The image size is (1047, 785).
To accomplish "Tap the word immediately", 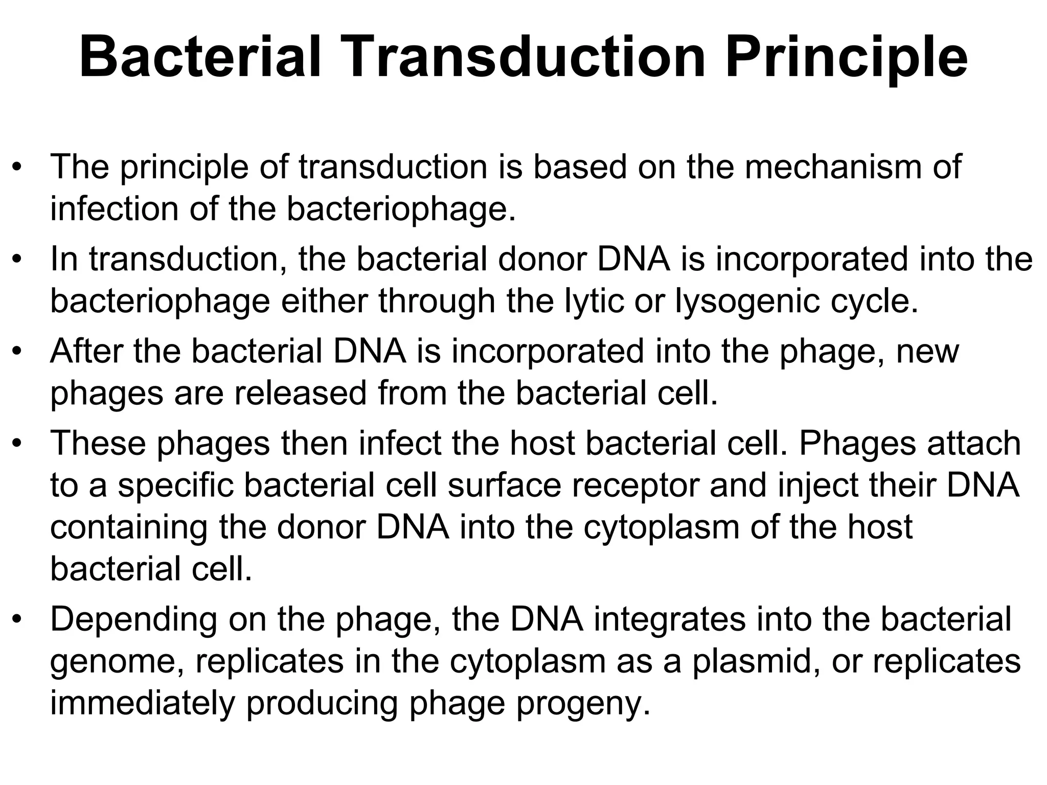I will (x=143, y=704).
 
